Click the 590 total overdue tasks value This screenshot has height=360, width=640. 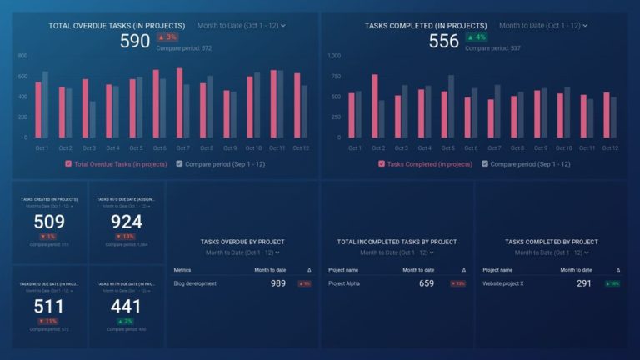pyautogui.click(x=135, y=41)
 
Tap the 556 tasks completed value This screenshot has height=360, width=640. pyautogui.click(x=444, y=41)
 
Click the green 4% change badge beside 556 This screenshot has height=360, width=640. pyautogui.click(x=476, y=37)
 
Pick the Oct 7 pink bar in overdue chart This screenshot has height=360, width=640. pyautogui.click(x=180, y=102)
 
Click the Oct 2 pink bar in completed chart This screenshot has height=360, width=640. pyautogui.click(x=375, y=106)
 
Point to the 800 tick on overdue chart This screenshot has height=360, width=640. pyautogui.click(x=22, y=56)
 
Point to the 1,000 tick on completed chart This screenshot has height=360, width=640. pyautogui.click(x=334, y=56)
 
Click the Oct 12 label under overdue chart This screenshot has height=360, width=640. pyautogui.click(x=300, y=148)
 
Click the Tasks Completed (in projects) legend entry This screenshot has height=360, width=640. pyautogui.click(x=425, y=164)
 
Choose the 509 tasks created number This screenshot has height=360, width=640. pyautogui.click(x=49, y=222)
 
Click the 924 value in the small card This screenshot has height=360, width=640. pyautogui.click(x=127, y=222)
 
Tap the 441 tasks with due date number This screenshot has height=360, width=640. pyautogui.click(x=127, y=307)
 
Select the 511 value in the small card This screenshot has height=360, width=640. pyautogui.click(x=49, y=307)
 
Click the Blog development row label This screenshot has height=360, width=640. pyautogui.click(x=195, y=283)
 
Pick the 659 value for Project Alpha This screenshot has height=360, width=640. pyautogui.click(x=427, y=283)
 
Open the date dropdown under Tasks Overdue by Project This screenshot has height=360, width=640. pyautogui.click(x=242, y=252)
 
